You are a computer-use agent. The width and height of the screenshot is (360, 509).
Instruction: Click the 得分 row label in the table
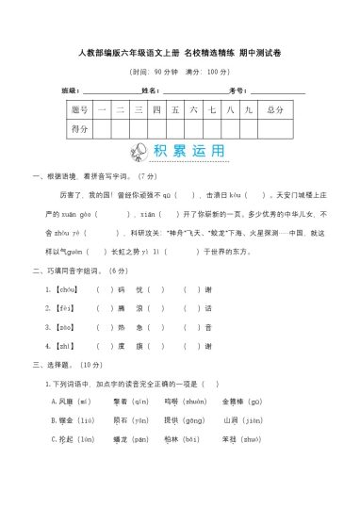(80, 128)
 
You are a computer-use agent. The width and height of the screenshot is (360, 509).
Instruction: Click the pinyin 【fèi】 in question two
(65, 308)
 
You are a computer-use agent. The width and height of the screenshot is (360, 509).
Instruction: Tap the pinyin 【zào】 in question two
(65, 327)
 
